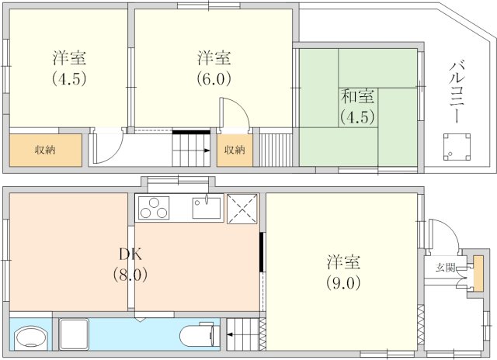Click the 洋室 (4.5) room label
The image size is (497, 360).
(x=69, y=68)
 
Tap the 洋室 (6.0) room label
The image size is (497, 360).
(x=214, y=68)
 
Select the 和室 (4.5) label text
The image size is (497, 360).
(x=357, y=106)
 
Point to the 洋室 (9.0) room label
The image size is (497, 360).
(x=343, y=272)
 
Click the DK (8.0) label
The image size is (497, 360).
(x=130, y=265)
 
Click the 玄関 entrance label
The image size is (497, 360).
(x=446, y=268)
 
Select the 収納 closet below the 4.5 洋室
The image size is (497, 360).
(x=46, y=150)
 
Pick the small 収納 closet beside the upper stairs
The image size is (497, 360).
(x=235, y=150)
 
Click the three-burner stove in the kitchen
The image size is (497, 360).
(x=154, y=208)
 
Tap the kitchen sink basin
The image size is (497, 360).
(x=207, y=208)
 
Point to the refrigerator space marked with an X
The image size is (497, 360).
(x=242, y=209)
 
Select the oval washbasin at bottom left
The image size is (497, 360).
(x=31, y=337)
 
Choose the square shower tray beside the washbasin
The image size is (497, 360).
(x=74, y=334)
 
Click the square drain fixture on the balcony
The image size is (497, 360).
(x=457, y=147)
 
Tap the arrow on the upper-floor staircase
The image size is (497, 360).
(x=207, y=151)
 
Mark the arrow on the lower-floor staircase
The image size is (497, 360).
(x=231, y=334)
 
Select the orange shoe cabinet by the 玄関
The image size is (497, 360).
(x=478, y=274)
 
